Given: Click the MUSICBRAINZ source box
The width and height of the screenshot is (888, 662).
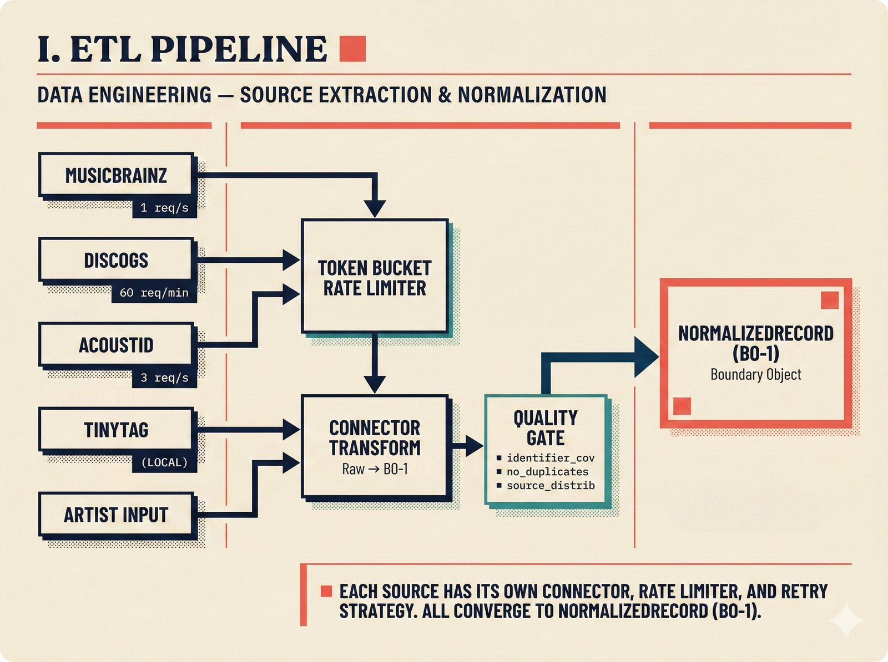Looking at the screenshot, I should [x=116, y=175].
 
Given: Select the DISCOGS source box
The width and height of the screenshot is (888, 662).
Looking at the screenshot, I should [x=116, y=260].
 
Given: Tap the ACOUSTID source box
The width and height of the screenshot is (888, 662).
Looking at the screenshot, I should [x=116, y=345].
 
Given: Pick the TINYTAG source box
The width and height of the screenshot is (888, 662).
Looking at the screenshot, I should [x=116, y=430].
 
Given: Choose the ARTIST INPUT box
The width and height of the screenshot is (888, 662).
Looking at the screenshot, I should [x=116, y=515].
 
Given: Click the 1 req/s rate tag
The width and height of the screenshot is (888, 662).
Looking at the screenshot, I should [x=164, y=208].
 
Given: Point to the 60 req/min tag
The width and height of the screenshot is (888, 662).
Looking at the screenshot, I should [x=154, y=293].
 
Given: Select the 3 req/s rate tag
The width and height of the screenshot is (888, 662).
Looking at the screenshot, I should [x=164, y=378].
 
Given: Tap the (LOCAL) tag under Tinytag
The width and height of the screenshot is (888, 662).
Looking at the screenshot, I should [x=164, y=462].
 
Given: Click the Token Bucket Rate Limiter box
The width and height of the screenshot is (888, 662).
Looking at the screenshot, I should [x=375, y=277].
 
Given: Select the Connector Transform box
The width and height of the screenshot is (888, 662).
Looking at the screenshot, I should [x=375, y=438].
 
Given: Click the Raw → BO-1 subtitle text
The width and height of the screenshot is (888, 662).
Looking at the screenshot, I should [x=375, y=469].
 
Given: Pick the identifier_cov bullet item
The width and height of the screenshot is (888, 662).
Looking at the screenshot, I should [x=550, y=458].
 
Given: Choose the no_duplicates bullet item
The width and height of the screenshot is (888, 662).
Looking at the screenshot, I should [x=547, y=472].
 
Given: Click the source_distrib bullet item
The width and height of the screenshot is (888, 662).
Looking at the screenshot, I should [x=550, y=486].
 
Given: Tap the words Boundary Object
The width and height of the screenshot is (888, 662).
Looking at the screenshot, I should [x=755, y=375].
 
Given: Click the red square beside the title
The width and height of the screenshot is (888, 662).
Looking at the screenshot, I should [x=352, y=48].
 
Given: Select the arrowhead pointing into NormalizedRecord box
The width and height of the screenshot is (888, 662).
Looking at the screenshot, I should [x=646, y=357].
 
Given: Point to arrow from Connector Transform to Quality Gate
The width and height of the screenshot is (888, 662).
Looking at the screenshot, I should [x=467, y=445].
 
